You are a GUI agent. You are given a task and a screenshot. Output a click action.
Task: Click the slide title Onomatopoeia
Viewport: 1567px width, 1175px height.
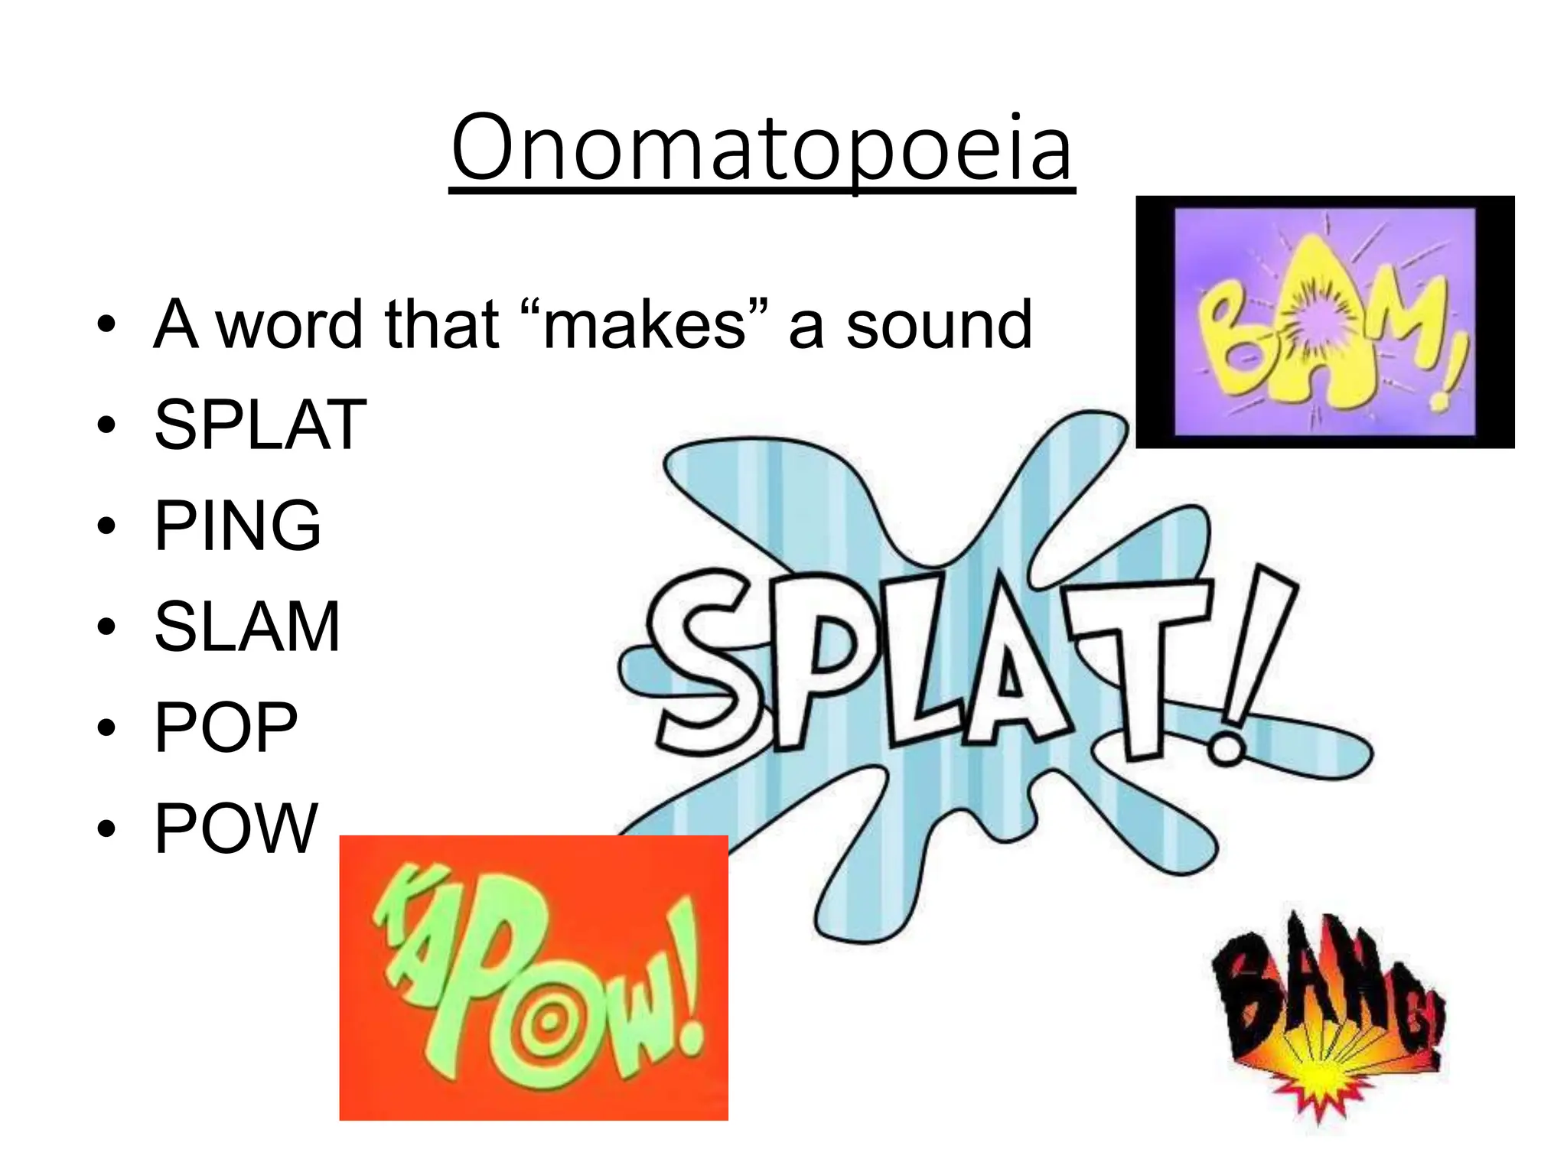pyautogui.click(x=762, y=149)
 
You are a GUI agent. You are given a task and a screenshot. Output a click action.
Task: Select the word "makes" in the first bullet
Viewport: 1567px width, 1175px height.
pyautogui.click(x=643, y=325)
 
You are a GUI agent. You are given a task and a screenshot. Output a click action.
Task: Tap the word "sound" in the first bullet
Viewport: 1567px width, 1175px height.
pyautogui.click(x=939, y=325)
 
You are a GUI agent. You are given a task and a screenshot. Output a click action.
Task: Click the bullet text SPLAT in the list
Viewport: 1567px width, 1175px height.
pyautogui.click(x=260, y=425)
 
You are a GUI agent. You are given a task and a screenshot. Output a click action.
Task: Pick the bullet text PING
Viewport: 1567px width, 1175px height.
pyautogui.click(x=237, y=526)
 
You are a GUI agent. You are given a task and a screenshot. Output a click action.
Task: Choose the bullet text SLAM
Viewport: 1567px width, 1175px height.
pyautogui.click(x=247, y=627)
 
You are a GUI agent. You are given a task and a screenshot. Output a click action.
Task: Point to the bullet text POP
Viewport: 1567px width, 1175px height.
pyautogui.click(x=226, y=727)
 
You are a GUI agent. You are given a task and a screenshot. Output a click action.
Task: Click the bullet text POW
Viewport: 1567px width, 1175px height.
pyautogui.click(x=236, y=828)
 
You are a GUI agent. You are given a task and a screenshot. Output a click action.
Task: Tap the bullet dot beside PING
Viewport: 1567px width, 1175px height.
pyautogui.click(x=106, y=527)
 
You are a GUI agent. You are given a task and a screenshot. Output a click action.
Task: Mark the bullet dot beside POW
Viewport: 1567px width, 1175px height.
pyautogui.click(x=106, y=829)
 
